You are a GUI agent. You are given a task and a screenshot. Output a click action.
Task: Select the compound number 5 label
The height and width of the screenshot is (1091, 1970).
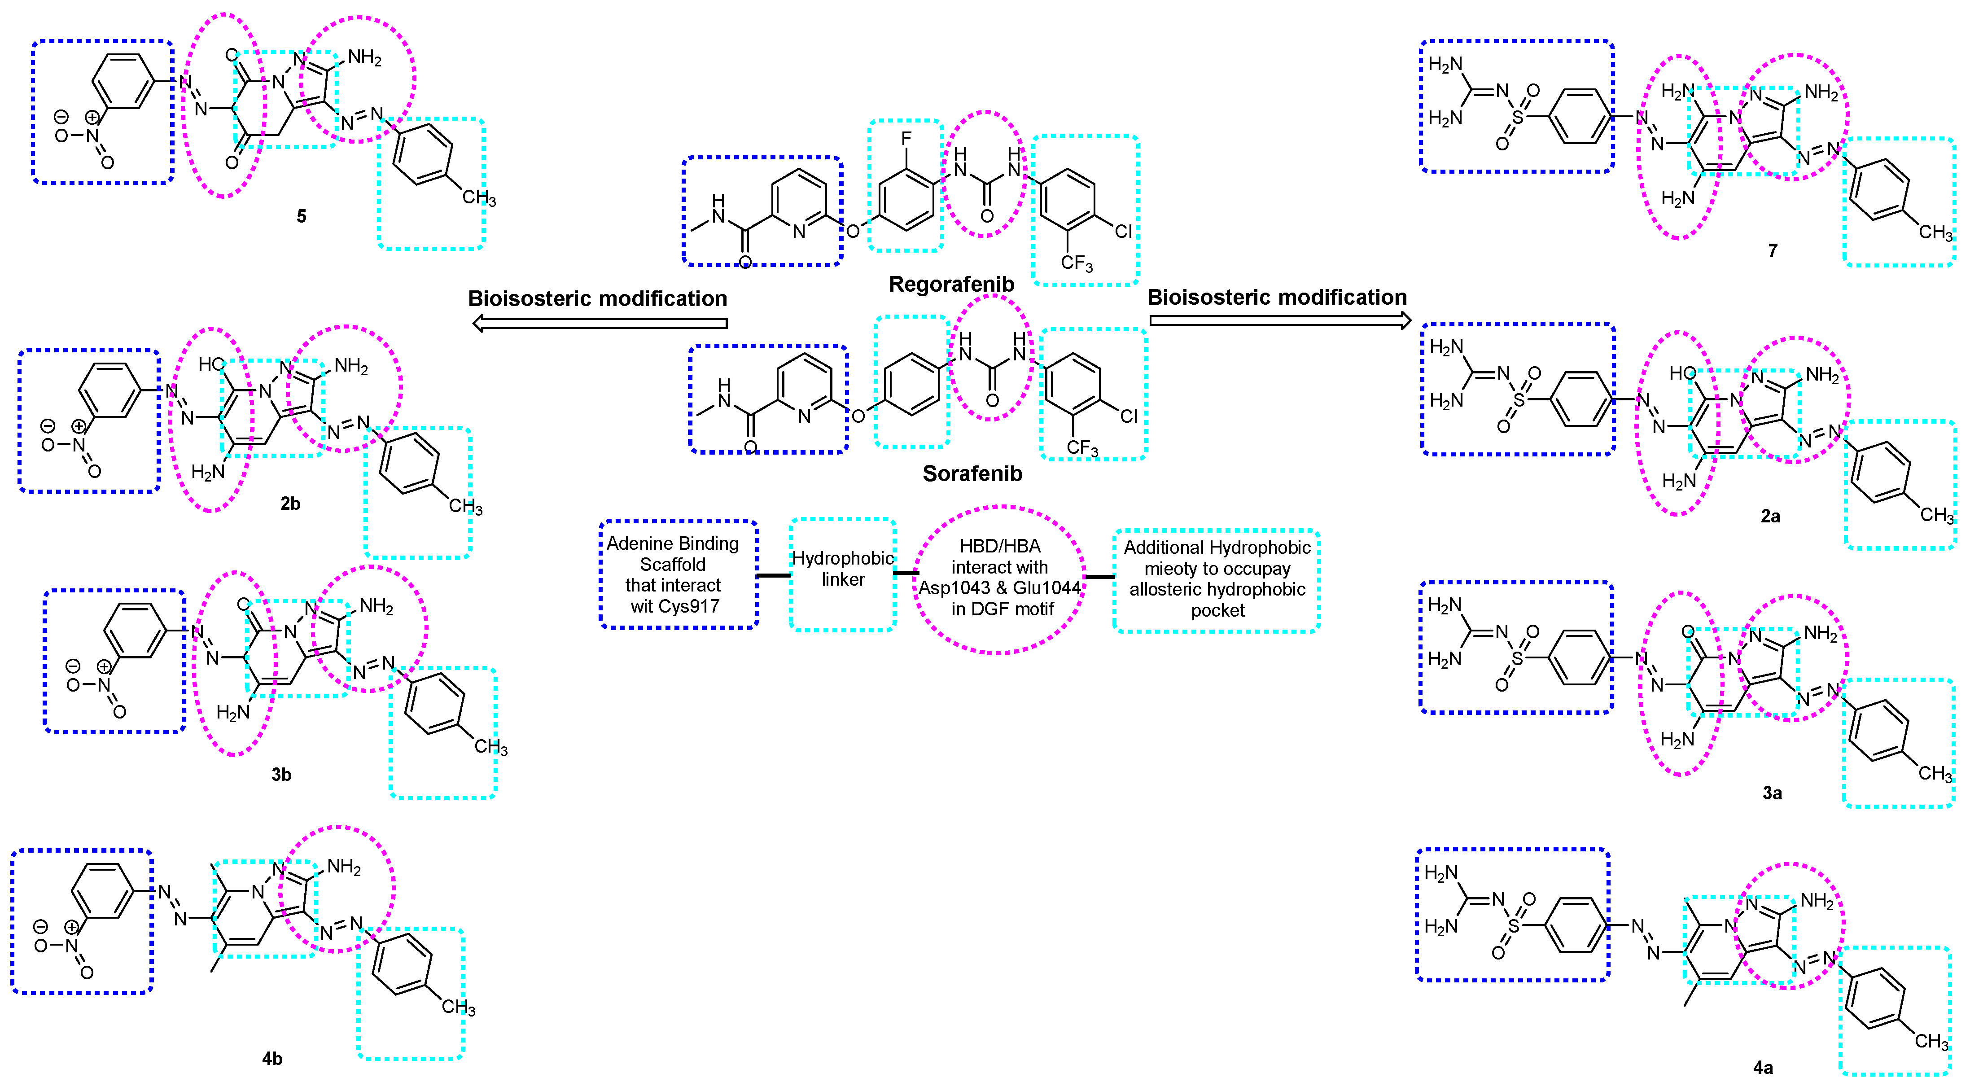[x=301, y=216]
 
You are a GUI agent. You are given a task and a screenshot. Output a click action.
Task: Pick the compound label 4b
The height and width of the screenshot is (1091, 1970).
[x=272, y=1059]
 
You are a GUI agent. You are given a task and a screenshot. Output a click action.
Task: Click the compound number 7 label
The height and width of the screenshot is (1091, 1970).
[x=1772, y=251]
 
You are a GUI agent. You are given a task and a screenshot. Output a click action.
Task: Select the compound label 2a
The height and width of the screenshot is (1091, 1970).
[x=1770, y=517]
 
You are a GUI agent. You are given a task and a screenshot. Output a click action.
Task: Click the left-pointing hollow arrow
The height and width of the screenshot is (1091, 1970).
[x=599, y=324]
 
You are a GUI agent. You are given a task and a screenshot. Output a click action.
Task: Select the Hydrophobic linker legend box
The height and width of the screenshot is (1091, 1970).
[x=843, y=574]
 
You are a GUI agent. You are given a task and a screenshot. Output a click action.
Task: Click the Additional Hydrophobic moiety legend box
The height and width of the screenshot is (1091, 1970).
[x=1216, y=580]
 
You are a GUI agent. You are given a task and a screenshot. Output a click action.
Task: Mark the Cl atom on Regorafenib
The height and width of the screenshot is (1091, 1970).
[x=1123, y=231]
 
